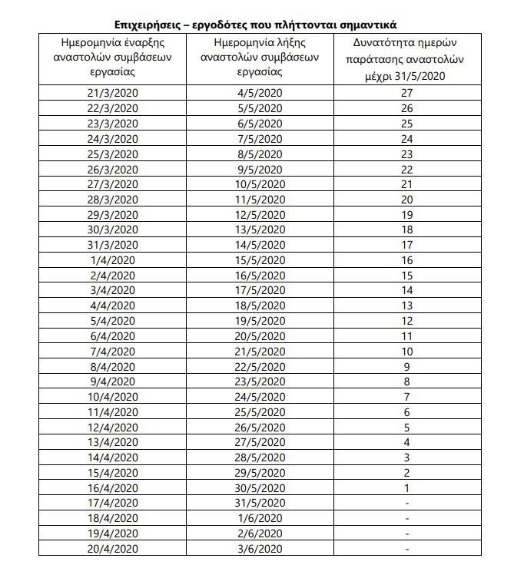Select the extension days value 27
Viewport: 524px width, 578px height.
pyautogui.click(x=407, y=93)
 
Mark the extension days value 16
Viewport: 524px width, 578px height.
pyautogui.click(x=407, y=260)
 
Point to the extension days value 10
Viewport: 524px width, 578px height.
pyautogui.click(x=407, y=351)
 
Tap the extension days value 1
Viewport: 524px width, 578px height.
pyautogui.click(x=407, y=488)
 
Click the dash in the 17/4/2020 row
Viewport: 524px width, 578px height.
pyautogui.click(x=407, y=504)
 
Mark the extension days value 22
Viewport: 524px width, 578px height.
pyautogui.click(x=407, y=169)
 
